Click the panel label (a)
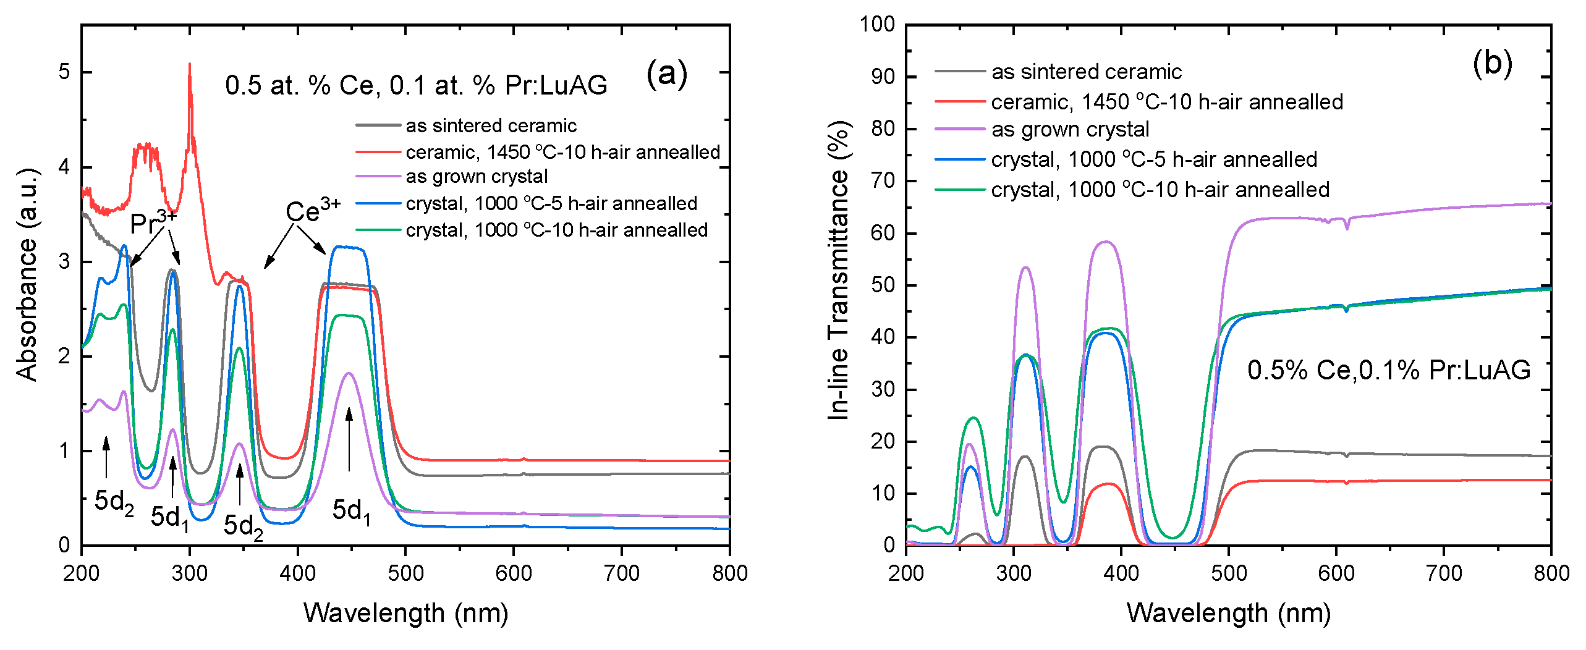pos(666,74)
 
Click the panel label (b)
pos(1492,64)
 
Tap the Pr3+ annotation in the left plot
pos(153,222)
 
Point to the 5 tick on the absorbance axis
pos(64,72)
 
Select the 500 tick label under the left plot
pos(405,573)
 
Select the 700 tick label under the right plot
pos(1443,573)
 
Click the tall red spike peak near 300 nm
pos(190,64)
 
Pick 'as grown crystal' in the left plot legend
pos(477,177)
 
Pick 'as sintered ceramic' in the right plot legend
pos(1086,72)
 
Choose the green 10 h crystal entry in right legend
pos(1160,190)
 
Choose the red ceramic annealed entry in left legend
pos(562,152)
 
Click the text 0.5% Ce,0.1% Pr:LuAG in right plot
pos(1388,370)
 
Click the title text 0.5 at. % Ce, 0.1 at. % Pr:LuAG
pos(416,85)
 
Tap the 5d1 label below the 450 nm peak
pos(351,512)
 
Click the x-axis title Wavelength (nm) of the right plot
pos(1228,613)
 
